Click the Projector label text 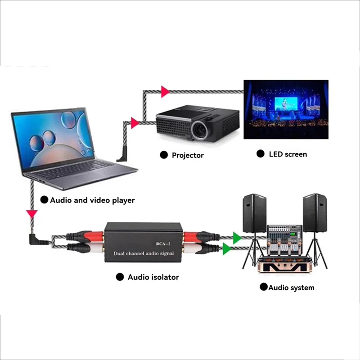click(x=188, y=155)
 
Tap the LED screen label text click(x=288, y=154)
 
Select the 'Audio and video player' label click(x=92, y=200)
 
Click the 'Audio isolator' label click(x=153, y=277)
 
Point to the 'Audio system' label click(x=291, y=288)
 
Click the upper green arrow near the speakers click(x=237, y=237)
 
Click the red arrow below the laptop click(x=31, y=212)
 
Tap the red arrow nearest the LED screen click(x=165, y=92)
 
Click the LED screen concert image click(x=286, y=109)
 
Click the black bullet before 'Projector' click(x=164, y=155)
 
